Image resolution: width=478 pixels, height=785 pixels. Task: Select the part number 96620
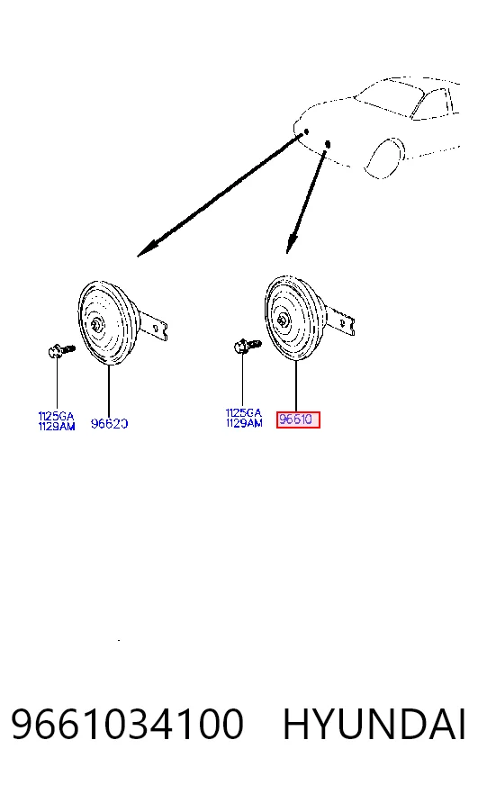pos(109,423)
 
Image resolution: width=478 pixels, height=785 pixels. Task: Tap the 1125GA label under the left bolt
pos(56,416)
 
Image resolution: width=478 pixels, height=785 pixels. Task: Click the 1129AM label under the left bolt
pos(57,426)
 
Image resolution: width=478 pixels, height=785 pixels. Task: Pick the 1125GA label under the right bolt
pos(244,413)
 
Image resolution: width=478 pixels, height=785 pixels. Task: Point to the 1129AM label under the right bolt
pos(244,423)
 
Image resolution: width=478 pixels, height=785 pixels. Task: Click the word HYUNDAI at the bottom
pos(374,724)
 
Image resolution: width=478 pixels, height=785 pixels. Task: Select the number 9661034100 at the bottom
pos(127,724)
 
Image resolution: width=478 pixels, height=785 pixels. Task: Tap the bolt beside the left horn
pos(61,349)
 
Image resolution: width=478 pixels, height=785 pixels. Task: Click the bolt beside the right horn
pos(248,346)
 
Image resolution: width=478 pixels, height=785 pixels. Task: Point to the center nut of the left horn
pos(95,324)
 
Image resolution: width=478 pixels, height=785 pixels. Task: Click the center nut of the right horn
pos(283,320)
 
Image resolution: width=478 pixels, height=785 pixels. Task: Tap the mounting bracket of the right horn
pos(342,321)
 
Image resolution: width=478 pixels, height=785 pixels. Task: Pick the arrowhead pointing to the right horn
pos(292,243)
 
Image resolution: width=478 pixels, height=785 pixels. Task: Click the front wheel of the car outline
pos(385,158)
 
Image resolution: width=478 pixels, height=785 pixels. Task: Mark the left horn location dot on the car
pos(306,131)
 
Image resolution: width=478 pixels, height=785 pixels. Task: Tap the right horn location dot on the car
pos(328,145)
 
